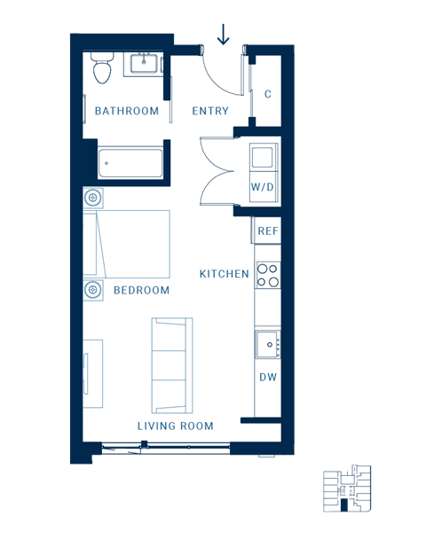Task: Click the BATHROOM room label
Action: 127,112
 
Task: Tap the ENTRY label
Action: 210,112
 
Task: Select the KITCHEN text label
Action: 224,274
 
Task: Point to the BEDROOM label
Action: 141,291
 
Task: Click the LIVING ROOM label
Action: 176,426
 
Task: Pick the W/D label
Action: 262,188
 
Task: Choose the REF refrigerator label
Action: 268,231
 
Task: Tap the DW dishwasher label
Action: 268,378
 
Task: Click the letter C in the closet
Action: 268,94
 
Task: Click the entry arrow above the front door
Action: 223,34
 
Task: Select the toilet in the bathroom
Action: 101,66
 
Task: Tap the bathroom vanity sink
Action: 145,64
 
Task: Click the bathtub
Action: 131,163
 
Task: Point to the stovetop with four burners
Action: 268,276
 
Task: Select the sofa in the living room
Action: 171,364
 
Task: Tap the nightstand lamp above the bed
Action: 92,197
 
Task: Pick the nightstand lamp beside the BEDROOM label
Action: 92,290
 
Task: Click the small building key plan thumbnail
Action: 347,488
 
